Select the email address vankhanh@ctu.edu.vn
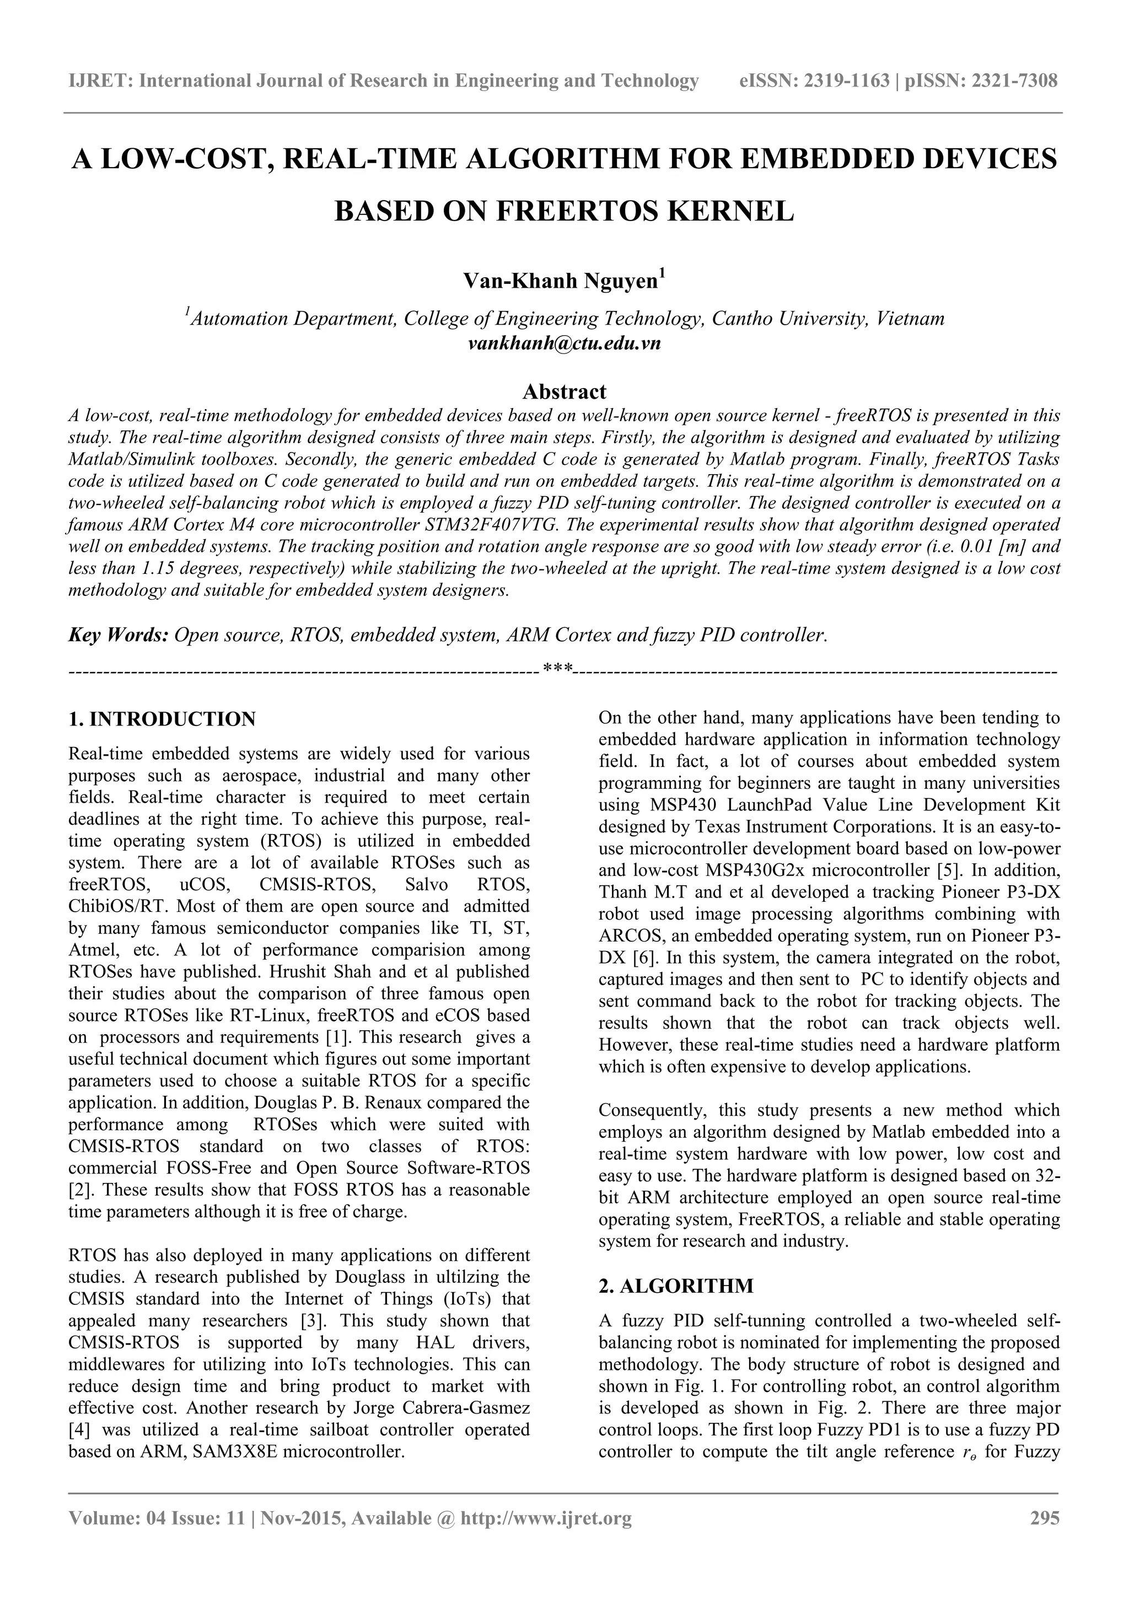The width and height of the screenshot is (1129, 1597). click(x=564, y=343)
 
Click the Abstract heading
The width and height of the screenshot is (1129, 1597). click(x=564, y=391)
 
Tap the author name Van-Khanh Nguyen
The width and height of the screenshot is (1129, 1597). click(x=560, y=281)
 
